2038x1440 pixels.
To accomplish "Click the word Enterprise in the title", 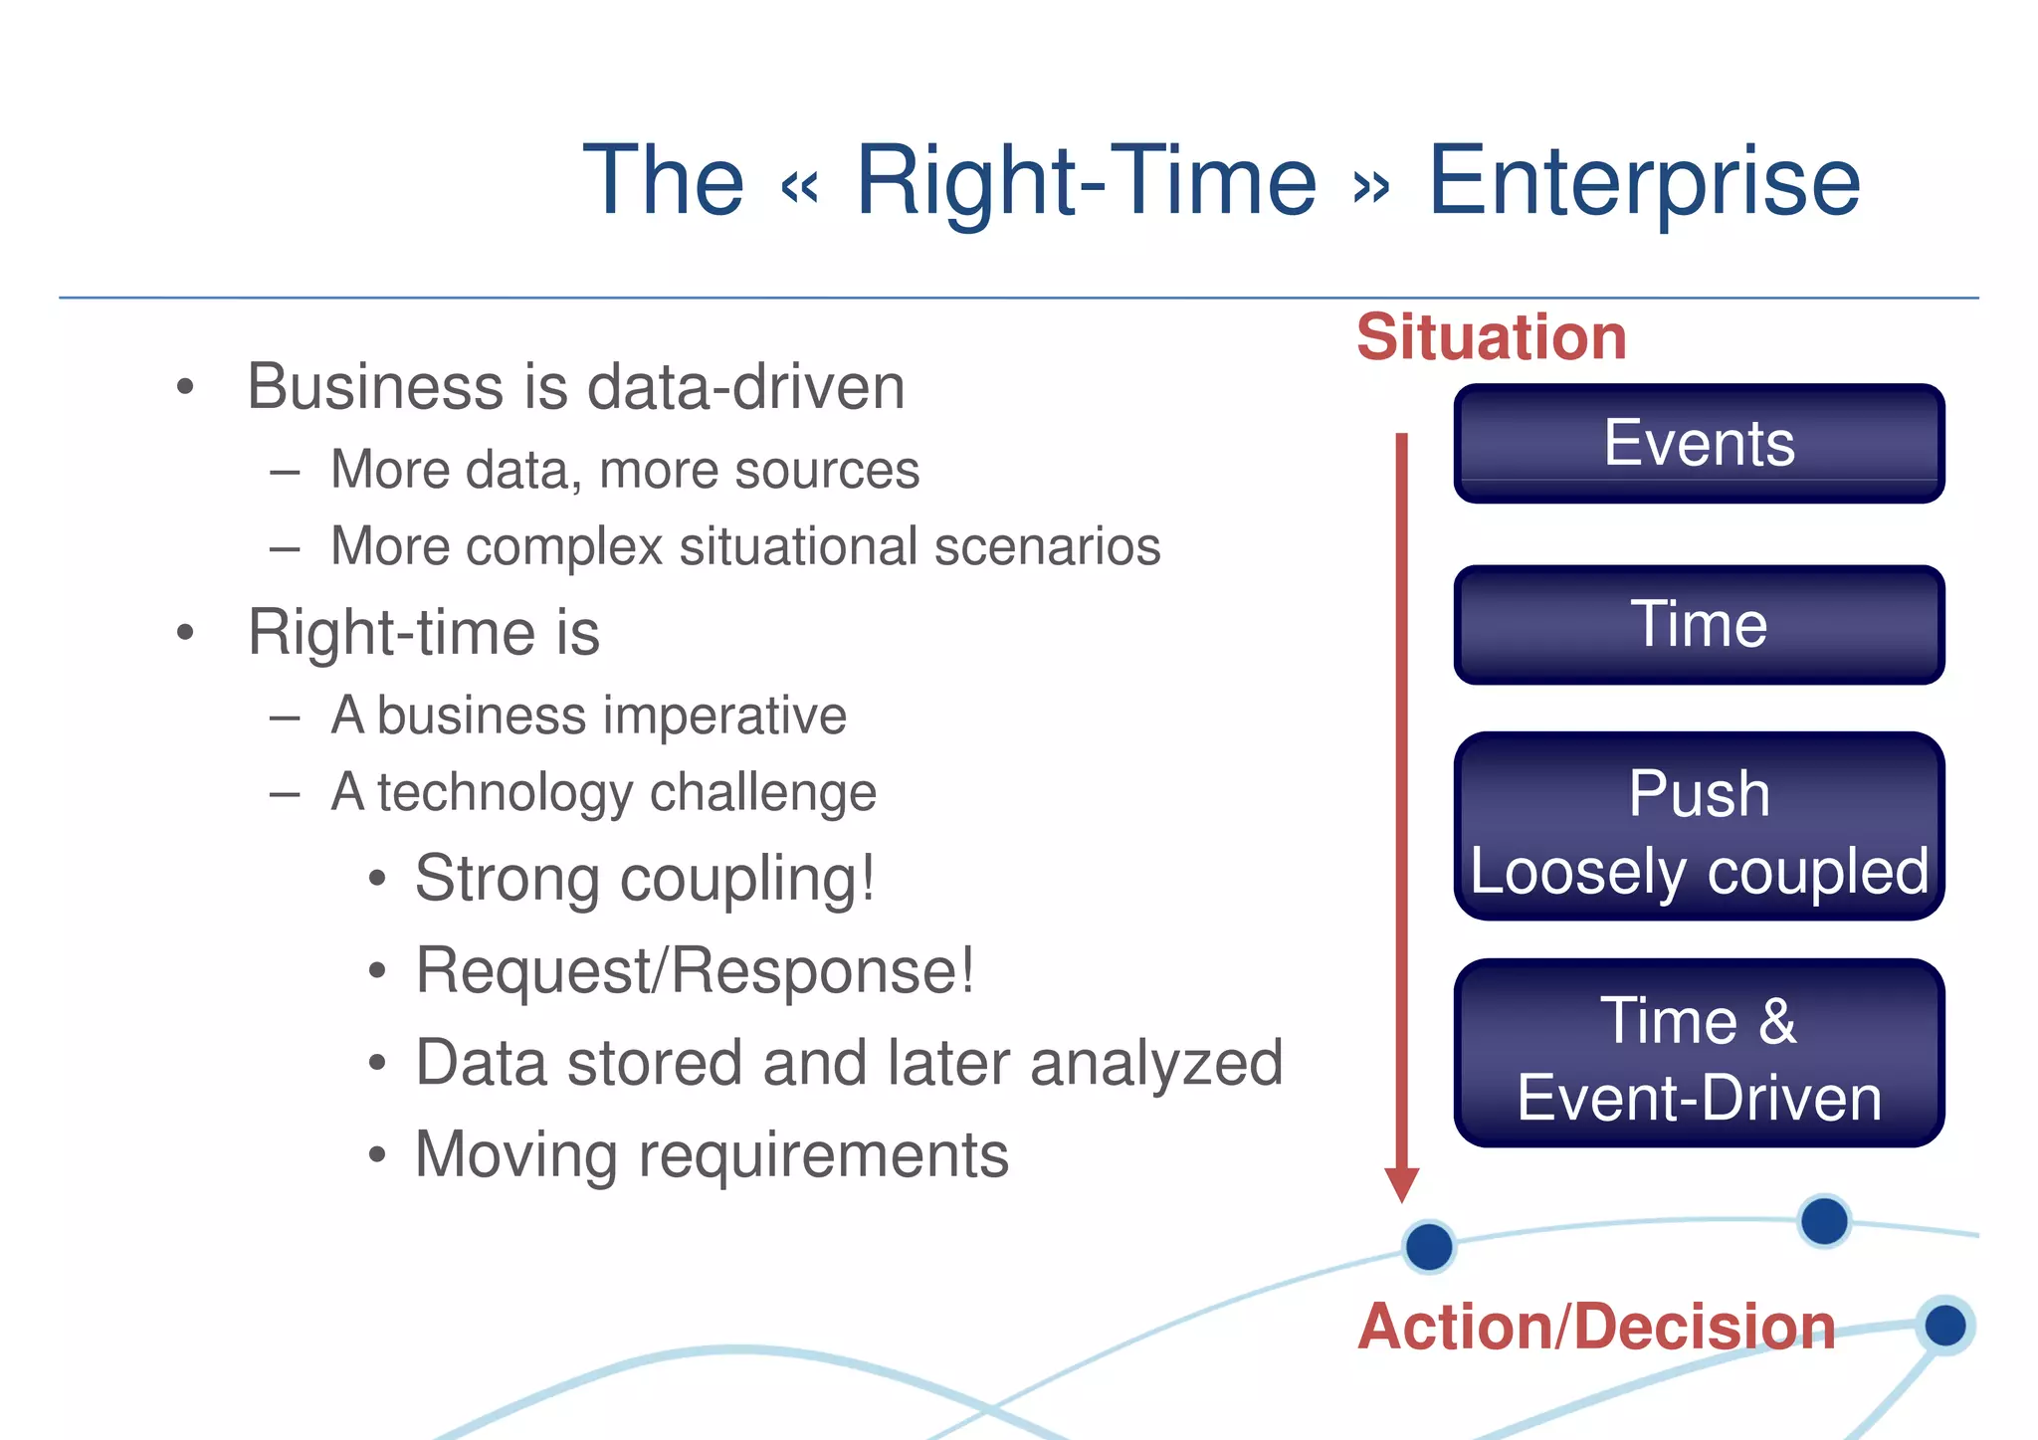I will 1643,182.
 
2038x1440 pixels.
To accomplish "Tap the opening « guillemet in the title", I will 800,187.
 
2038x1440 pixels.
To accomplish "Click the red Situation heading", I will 1491,337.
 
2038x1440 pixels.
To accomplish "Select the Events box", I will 1699,444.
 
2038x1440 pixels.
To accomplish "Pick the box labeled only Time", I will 1699,625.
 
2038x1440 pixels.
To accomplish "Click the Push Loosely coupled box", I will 1699,827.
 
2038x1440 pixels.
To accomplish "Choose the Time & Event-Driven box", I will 1699,1054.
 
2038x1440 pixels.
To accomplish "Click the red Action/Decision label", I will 1596,1328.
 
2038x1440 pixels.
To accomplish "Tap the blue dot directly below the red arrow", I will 1429,1247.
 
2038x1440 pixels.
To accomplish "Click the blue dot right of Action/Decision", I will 1944,1326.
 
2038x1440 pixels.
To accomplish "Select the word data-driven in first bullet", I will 745,387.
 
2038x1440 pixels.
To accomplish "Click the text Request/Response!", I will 695,970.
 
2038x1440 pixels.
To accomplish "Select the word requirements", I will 823,1155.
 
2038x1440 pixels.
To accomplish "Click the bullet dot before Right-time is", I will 185,633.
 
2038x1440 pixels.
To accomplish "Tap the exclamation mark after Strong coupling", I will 868,877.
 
